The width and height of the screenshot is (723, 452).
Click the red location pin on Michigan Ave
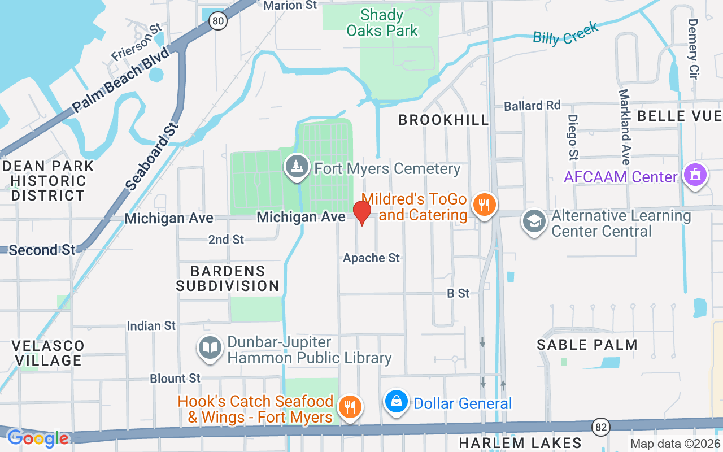[x=361, y=212]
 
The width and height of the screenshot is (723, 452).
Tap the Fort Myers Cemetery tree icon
[x=297, y=167]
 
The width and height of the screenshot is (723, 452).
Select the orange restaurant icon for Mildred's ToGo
[x=484, y=205]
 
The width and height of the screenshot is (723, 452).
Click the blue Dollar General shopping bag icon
[x=397, y=402]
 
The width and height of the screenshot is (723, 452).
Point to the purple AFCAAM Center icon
[x=695, y=175]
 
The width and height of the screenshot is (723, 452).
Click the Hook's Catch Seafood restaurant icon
[x=350, y=407]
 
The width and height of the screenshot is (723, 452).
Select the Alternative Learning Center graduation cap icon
[x=534, y=221]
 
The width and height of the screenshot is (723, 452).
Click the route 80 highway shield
[x=217, y=21]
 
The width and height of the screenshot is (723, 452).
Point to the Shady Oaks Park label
[x=382, y=23]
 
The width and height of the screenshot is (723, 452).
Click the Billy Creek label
[x=565, y=34]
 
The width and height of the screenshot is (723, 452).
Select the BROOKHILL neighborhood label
[x=443, y=120]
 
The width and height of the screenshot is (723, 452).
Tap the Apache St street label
[x=371, y=258]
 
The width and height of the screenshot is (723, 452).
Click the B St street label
[x=458, y=293]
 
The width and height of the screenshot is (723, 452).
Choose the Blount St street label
[x=175, y=378]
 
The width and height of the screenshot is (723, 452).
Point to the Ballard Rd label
[x=532, y=106]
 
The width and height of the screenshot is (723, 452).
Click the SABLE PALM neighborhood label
[x=587, y=345]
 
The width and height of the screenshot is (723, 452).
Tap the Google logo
[x=37, y=438]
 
